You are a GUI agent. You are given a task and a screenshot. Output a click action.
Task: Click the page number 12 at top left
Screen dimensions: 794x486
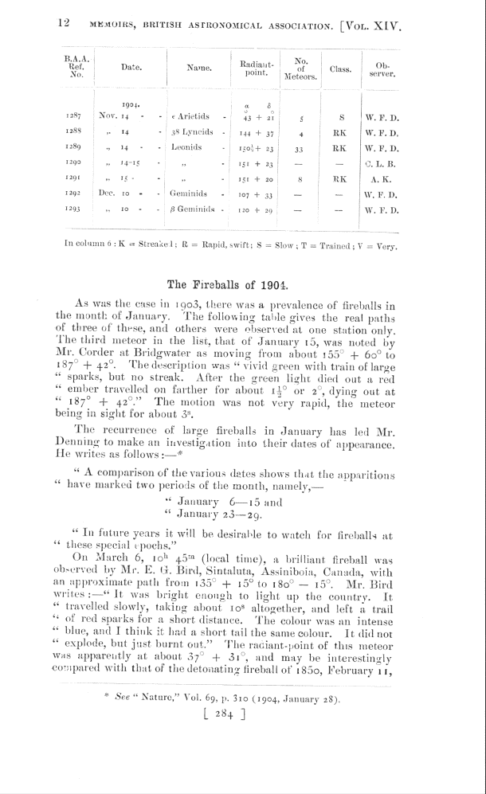click(65, 24)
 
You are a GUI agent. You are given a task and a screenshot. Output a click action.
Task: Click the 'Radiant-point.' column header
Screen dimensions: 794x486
click(257, 68)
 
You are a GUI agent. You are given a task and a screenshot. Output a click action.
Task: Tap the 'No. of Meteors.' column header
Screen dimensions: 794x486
click(301, 68)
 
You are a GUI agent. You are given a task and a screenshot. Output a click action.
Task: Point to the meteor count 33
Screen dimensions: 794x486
click(300, 148)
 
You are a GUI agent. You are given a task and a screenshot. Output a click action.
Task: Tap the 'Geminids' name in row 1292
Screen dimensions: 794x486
click(189, 194)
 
